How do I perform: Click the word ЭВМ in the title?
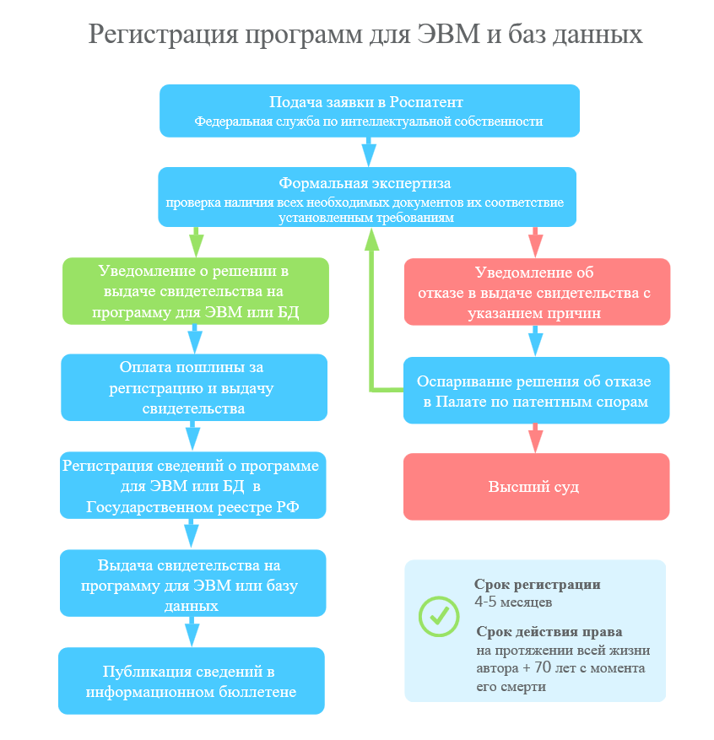pyautogui.click(x=448, y=34)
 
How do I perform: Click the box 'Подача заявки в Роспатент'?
pyautogui.click(x=370, y=111)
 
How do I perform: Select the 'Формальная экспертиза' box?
pyautogui.click(x=367, y=197)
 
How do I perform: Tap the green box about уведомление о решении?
pyautogui.click(x=196, y=291)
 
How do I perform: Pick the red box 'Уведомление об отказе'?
pyautogui.click(x=537, y=292)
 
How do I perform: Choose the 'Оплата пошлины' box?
pyautogui.click(x=194, y=387)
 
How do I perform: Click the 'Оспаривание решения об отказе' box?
pyautogui.click(x=537, y=391)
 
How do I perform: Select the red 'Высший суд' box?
pyautogui.click(x=537, y=487)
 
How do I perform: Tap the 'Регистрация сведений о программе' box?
pyautogui.click(x=193, y=485)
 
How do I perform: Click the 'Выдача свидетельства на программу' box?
pyautogui.click(x=193, y=583)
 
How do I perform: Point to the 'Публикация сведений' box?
pyautogui.click(x=192, y=681)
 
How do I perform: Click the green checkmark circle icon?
pyautogui.click(x=439, y=616)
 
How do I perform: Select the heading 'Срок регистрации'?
pyautogui.click(x=538, y=584)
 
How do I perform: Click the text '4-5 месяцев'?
pyautogui.click(x=513, y=602)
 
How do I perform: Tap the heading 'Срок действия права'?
pyautogui.click(x=549, y=631)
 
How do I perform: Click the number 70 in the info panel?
pyautogui.click(x=543, y=667)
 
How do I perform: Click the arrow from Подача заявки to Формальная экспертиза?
pyautogui.click(x=369, y=152)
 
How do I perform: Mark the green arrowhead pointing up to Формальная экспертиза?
pyautogui.click(x=372, y=240)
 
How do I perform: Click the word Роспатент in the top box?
pyautogui.click(x=426, y=102)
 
